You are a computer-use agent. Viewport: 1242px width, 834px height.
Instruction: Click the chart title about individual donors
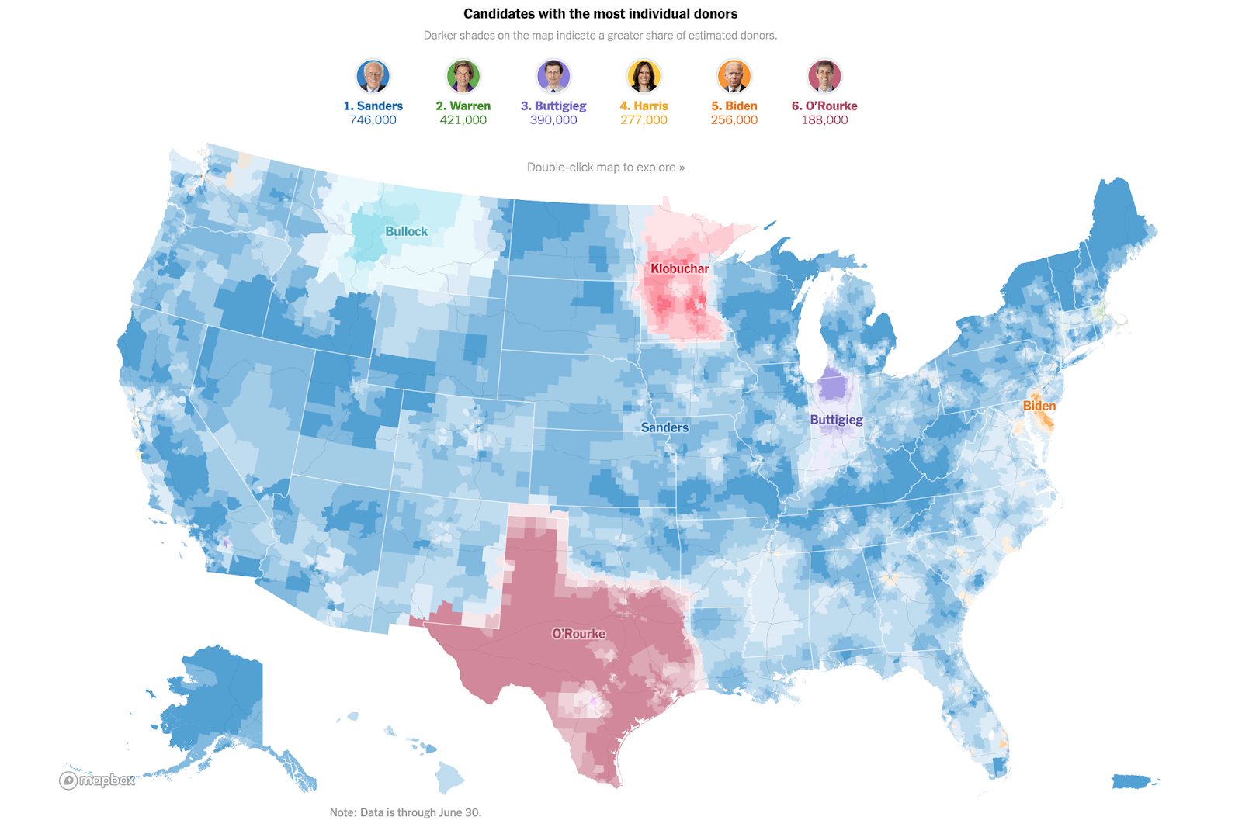(x=600, y=14)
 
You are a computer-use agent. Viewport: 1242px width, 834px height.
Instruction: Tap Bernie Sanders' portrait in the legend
(x=373, y=76)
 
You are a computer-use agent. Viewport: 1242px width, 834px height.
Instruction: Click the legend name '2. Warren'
(x=463, y=106)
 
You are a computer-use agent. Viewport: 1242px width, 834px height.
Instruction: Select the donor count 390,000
(x=553, y=120)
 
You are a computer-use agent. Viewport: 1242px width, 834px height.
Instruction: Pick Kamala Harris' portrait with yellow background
(x=644, y=76)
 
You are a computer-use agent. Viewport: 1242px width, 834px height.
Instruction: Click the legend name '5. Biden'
(x=734, y=106)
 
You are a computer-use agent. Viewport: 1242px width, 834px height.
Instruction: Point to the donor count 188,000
(x=824, y=120)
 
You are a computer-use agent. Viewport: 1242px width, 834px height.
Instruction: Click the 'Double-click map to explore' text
(x=605, y=168)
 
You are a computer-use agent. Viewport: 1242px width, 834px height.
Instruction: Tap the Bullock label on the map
(x=406, y=232)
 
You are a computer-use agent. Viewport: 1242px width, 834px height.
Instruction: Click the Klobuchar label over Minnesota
(x=680, y=269)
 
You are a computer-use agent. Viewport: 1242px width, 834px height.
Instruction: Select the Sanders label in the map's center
(x=664, y=428)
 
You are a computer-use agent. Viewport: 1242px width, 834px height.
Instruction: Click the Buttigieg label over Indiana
(x=836, y=420)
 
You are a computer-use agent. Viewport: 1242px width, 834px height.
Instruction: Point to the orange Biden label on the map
(x=1039, y=407)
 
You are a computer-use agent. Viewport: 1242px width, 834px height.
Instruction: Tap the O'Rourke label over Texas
(x=578, y=634)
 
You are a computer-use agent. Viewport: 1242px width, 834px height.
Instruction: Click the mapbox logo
(x=98, y=780)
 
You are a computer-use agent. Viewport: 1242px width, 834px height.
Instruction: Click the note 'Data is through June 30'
(x=405, y=812)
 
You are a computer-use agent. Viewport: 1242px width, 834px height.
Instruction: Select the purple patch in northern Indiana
(x=833, y=384)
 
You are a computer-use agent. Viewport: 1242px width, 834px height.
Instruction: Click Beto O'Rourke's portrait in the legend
(x=824, y=76)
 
